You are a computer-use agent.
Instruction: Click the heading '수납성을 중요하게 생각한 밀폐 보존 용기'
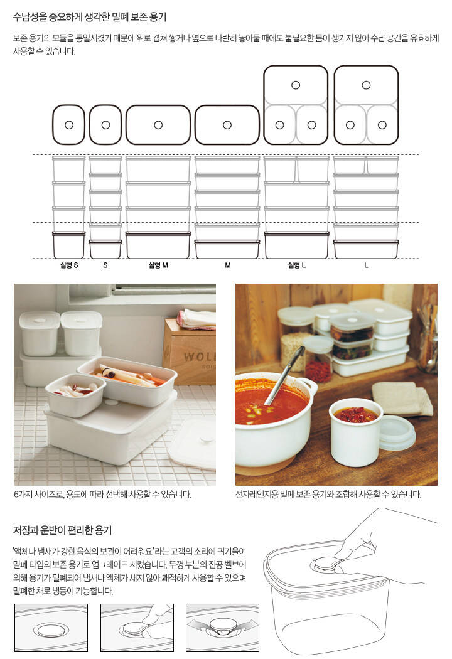coord(90,17)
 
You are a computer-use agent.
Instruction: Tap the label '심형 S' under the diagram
coord(69,265)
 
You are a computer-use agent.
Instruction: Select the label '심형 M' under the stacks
coord(158,265)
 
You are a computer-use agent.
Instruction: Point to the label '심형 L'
coord(296,265)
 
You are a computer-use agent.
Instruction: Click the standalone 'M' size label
coord(227,265)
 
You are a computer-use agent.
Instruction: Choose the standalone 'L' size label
coord(366,265)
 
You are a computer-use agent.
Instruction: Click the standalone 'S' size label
coord(105,265)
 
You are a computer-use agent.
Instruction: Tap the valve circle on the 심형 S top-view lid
coord(69,125)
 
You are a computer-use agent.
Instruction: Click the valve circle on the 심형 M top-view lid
coord(158,125)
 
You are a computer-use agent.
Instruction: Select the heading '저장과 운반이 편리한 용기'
coord(62,530)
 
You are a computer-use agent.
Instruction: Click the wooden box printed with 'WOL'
coord(190,352)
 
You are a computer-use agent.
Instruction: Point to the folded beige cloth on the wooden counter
coord(402,397)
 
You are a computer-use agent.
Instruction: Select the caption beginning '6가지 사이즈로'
coord(102,495)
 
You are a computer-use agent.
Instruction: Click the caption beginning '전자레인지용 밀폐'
coord(328,495)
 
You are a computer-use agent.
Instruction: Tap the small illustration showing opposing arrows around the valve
coord(222,628)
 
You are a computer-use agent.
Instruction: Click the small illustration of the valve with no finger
coord(51,628)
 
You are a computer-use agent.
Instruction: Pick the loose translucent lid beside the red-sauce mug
coord(397,433)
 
